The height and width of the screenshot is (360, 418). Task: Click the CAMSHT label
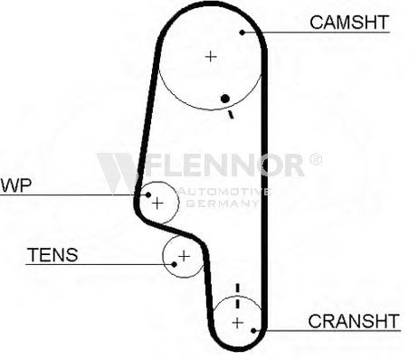coord(349,23)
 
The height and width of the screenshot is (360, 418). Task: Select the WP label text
coord(16,185)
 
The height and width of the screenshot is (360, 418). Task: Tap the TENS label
coord(52,255)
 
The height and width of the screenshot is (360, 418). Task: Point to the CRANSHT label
coord(354,321)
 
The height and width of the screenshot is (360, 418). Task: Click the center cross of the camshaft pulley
coord(211,56)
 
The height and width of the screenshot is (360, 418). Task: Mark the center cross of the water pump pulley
coord(157,204)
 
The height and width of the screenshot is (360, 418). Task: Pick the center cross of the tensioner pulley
coord(184,256)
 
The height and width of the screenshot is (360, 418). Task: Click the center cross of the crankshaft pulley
coord(238,323)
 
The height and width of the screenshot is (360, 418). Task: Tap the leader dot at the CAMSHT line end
coord(242,33)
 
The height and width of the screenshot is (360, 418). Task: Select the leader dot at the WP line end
coord(148,194)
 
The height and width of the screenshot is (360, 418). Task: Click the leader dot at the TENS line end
coord(174,264)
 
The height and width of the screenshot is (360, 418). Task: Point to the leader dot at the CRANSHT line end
coord(253,331)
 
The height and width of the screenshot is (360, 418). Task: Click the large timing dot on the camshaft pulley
coord(225,99)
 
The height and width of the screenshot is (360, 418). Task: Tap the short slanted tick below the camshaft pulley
coord(231,114)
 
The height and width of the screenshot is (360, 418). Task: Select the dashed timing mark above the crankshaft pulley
coord(238,296)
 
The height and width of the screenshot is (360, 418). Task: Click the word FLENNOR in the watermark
coord(224,165)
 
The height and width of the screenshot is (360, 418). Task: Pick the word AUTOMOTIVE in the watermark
coord(224,192)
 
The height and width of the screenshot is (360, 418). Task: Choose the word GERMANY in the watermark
coord(223,204)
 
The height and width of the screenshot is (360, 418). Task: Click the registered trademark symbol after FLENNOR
coord(316,159)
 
